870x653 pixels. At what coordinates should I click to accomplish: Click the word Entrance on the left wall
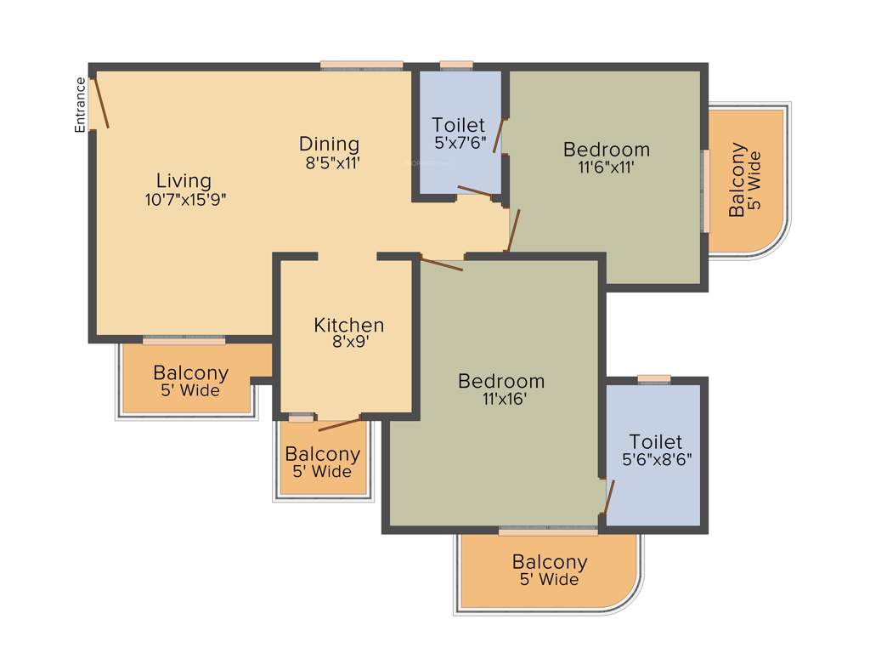(81, 105)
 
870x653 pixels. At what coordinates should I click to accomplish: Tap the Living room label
(184, 180)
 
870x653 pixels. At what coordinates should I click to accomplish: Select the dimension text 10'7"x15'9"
(185, 199)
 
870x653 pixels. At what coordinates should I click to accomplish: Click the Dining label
(329, 144)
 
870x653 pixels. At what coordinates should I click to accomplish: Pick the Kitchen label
(348, 325)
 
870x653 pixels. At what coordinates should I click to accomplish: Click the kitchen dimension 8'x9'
(347, 343)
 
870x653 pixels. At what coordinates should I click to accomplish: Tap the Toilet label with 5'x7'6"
(458, 125)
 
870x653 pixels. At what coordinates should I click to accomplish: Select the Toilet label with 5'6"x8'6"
(655, 441)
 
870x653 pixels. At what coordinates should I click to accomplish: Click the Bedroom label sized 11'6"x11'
(607, 150)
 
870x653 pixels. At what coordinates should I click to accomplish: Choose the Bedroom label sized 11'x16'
(501, 381)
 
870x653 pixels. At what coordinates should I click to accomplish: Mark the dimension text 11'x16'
(500, 399)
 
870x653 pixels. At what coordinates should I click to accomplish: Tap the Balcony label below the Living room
(190, 372)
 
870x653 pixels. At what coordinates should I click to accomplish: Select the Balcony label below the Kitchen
(322, 454)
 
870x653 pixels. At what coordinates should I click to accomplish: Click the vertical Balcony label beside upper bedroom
(737, 180)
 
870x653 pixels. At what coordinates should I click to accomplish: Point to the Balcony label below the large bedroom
(549, 562)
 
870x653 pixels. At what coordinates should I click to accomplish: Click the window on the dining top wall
(361, 65)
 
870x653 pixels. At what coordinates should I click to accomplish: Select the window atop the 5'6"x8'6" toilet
(653, 379)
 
